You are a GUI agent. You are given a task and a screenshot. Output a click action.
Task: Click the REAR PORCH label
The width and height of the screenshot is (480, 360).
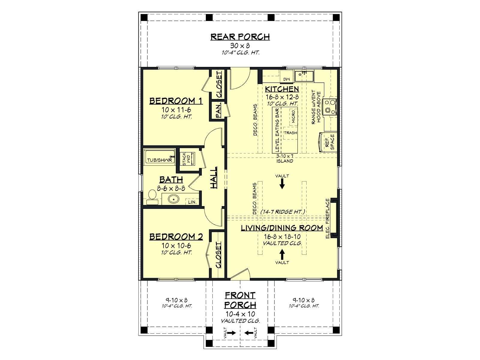click(x=240, y=37)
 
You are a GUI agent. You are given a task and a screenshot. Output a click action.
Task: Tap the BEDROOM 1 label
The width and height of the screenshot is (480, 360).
click(x=176, y=101)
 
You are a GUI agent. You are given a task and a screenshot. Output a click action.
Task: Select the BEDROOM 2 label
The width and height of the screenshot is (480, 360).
click(x=176, y=237)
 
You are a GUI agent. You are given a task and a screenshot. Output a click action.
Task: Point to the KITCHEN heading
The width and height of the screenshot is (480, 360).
click(x=282, y=89)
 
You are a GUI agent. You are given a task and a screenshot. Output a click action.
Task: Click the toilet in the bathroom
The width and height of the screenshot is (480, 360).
click(x=152, y=197)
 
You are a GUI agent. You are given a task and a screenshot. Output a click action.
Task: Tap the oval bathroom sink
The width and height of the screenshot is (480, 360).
click(x=174, y=199)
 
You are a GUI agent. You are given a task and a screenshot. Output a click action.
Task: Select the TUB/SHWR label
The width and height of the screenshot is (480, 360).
click(x=160, y=160)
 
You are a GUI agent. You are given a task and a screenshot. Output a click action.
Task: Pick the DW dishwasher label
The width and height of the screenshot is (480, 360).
click(x=286, y=79)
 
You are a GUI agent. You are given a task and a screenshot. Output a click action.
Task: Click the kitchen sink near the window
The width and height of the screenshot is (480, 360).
click(x=304, y=76)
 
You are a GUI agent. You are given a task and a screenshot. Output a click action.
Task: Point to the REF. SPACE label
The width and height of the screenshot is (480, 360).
click(x=330, y=142)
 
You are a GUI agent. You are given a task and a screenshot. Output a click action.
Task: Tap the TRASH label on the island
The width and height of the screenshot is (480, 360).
click(x=290, y=133)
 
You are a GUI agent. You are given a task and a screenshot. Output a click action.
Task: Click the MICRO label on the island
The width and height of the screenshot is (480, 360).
click(x=293, y=116)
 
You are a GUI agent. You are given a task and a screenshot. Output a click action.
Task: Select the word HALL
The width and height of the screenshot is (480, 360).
click(x=214, y=178)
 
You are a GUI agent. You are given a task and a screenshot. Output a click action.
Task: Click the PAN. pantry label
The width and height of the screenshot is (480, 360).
click(x=218, y=111)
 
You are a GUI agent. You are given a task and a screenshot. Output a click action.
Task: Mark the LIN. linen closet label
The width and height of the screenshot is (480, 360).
click(x=192, y=202)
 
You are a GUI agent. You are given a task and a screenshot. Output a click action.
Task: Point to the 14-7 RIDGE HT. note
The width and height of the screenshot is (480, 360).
click(x=283, y=211)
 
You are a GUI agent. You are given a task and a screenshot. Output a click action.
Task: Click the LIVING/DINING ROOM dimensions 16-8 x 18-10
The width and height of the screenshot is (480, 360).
click(x=282, y=236)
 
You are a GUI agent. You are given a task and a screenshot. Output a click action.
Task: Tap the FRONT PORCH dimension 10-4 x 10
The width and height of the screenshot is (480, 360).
click(x=240, y=314)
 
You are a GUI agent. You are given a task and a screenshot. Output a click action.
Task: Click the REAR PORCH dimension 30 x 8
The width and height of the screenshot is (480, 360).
click(x=240, y=46)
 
